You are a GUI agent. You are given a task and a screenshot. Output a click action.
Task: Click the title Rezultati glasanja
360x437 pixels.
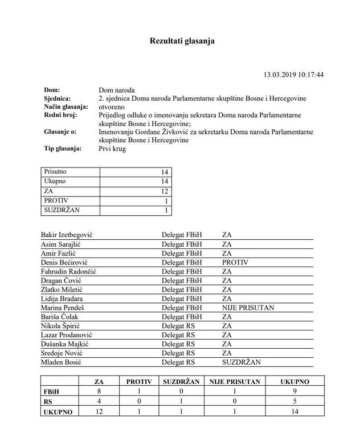[x=182, y=41]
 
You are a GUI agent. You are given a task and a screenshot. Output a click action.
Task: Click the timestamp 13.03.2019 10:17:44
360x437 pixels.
[x=293, y=75]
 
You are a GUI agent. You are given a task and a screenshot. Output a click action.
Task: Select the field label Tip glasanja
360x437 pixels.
[x=62, y=149]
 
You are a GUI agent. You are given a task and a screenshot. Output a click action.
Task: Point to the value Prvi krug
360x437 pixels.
[x=112, y=149]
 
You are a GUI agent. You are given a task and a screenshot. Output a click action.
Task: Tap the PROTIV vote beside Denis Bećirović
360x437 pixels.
[x=235, y=262]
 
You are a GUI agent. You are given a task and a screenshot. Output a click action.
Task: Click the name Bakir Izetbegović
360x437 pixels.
[x=67, y=235]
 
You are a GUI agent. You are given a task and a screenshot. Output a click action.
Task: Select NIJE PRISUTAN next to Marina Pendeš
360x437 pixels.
[x=248, y=308]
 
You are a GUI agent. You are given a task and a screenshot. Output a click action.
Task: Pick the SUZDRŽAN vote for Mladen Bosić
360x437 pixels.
[x=241, y=362]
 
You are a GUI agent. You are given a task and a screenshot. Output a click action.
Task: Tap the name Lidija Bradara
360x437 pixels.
[x=62, y=299]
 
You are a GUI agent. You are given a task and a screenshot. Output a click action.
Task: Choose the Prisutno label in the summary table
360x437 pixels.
[x=55, y=171]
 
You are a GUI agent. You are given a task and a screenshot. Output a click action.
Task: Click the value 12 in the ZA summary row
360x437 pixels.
[x=165, y=191]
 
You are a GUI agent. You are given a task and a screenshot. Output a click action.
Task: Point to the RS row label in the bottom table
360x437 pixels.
[x=48, y=402]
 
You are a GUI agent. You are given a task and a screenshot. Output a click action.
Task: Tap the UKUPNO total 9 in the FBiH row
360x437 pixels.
[x=294, y=392]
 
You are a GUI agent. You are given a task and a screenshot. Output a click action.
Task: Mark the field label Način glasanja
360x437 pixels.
[x=66, y=107]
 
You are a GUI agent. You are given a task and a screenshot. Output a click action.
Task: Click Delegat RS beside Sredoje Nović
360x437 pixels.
[x=178, y=353]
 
